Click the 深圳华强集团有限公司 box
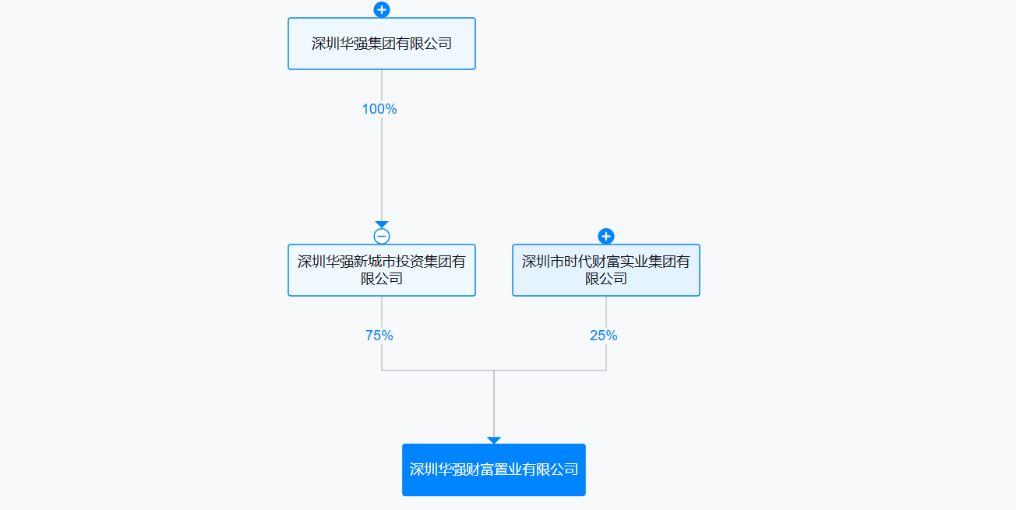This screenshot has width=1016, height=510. pyautogui.click(x=382, y=44)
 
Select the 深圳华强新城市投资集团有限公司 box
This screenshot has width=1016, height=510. pyautogui.click(x=382, y=270)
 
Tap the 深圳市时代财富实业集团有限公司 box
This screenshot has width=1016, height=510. pyautogui.click(x=606, y=270)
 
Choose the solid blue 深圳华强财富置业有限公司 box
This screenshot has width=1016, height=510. pyautogui.click(x=494, y=470)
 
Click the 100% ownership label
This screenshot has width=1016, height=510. pyautogui.click(x=379, y=109)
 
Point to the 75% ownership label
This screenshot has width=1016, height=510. pyautogui.click(x=379, y=336)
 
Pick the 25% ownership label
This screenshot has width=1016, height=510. pyautogui.click(x=603, y=336)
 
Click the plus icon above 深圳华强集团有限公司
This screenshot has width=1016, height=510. pyautogui.click(x=382, y=9)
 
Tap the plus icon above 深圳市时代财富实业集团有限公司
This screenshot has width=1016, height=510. pyautogui.click(x=606, y=236)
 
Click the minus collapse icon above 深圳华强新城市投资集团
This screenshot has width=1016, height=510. pyautogui.click(x=382, y=236)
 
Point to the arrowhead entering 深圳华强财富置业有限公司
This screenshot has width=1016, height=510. pyautogui.click(x=494, y=440)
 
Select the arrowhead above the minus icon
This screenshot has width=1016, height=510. pyautogui.click(x=382, y=224)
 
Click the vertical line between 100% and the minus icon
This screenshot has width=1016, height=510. pyautogui.click(x=382, y=169)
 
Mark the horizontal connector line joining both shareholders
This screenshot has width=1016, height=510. pyautogui.click(x=494, y=370)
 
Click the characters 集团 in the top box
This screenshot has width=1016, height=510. pyautogui.click(x=382, y=44)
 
